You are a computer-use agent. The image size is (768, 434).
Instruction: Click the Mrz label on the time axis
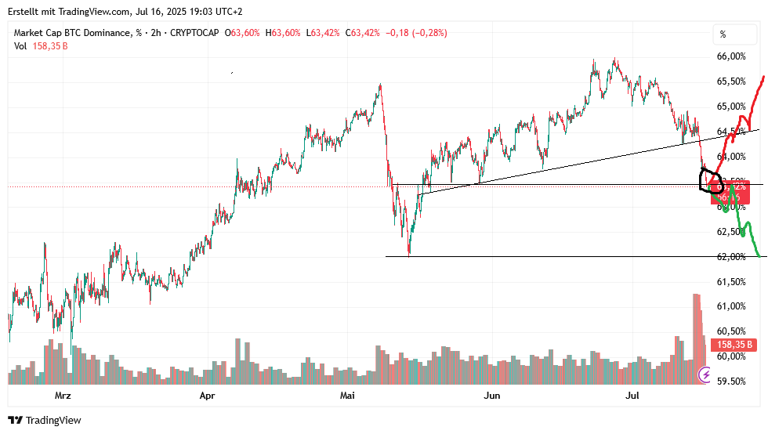click(x=63, y=396)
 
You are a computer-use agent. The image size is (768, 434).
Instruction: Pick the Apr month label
click(x=207, y=396)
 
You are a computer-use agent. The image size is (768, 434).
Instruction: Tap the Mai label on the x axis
click(x=347, y=396)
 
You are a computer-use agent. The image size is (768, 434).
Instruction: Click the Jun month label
click(x=492, y=396)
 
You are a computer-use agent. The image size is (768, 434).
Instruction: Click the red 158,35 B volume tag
click(x=734, y=345)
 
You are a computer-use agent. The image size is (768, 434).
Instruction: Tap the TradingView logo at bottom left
click(x=45, y=421)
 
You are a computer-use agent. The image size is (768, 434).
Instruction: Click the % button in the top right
click(x=723, y=34)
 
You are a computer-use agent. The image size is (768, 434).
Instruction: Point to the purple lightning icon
click(x=705, y=376)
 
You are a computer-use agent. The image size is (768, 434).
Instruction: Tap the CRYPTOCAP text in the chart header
click(x=194, y=33)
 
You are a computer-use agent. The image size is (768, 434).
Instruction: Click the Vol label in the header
click(x=20, y=46)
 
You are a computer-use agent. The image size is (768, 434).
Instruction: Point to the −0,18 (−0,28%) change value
click(x=416, y=33)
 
